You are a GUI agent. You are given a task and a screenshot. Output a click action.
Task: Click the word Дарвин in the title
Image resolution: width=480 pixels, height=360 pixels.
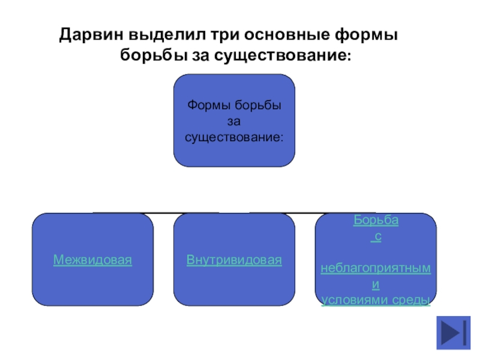pos(89,35)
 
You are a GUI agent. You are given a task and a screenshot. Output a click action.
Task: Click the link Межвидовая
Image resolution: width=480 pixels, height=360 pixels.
pos(92,260)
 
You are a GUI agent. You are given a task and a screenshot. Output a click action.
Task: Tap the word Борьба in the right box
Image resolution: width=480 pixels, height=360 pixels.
pos(376,220)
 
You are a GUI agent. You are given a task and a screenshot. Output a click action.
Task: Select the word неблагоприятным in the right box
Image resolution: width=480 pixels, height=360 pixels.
pos(376,268)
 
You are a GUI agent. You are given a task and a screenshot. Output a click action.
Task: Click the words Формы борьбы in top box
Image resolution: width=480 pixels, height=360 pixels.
pos(234,106)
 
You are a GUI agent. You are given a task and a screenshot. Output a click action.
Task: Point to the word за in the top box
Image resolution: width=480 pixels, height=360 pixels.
pos(234,122)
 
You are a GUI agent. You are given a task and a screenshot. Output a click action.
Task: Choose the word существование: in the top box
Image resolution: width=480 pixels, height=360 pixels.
pos(234,137)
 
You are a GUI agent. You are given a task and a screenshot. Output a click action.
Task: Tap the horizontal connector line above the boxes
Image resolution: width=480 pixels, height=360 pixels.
pos(234,212)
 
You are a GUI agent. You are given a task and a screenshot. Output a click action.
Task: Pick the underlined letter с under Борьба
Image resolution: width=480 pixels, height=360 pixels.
pos(376,236)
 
